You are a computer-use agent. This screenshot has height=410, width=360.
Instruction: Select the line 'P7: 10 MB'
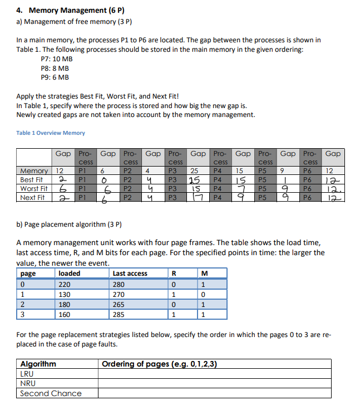pyautogui.click(x=57, y=59)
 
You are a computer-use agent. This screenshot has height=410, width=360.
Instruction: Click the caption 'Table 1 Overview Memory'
pyautogui.click(x=51, y=133)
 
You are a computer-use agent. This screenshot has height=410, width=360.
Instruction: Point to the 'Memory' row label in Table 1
pyautogui.click(x=33, y=171)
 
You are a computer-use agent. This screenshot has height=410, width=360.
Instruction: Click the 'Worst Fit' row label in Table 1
pyautogui.click(x=33, y=189)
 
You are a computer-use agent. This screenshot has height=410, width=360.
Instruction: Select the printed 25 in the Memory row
pyautogui.click(x=194, y=171)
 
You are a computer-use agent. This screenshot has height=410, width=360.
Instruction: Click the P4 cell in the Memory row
pyautogui.click(x=218, y=171)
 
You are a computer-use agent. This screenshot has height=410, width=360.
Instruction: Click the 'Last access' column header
pyautogui.click(x=130, y=274)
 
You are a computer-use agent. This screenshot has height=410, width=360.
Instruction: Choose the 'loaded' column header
pyautogui.click(x=69, y=274)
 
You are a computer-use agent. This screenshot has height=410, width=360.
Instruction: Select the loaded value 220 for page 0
pyautogui.click(x=65, y=284)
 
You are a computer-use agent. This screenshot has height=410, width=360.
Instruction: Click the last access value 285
pyautogui.click(x=119, y=315)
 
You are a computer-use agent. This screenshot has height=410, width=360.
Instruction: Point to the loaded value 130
pyautogui.click(x=65, y=294)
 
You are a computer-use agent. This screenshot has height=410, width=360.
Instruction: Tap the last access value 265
pyautogui.click(x=119, y=305)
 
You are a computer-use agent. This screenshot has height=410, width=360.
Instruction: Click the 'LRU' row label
pyautogui.click(x=27, y=374)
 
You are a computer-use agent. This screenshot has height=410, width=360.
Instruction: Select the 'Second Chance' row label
pyautogui.click(x=51, y=393)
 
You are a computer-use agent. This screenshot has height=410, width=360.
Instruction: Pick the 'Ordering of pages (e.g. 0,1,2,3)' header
pyautogui.click(x=160, y=364)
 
